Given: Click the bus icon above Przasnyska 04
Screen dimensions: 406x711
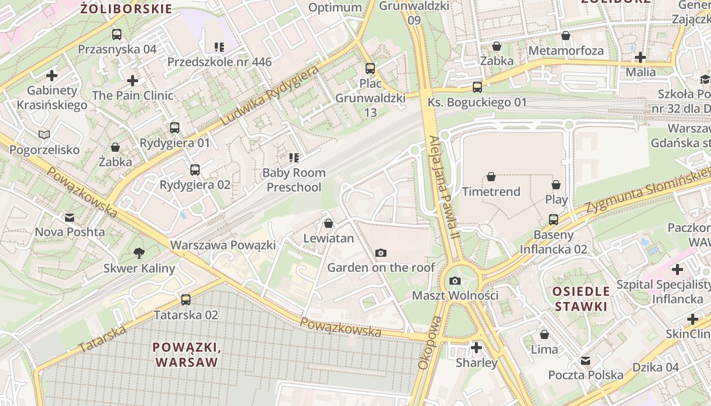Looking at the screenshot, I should pos(117,35).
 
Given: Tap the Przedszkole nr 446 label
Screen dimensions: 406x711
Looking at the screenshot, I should pos(219,62).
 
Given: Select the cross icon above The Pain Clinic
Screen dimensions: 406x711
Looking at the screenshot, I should pos(133,81).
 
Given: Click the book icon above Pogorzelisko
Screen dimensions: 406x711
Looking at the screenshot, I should pos(45,134).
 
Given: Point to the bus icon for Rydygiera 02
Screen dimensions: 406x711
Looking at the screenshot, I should pos(195,170).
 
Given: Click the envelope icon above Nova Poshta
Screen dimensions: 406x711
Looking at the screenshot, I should pos(70,218).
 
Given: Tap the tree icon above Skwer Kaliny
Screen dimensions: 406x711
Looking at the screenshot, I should pos(139,253).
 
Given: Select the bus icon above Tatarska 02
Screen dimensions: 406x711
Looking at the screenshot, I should pos(186,300).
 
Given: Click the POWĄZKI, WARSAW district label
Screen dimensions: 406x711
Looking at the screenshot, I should pos(186,355).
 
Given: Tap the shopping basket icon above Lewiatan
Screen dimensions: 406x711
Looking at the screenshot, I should pos(329,223).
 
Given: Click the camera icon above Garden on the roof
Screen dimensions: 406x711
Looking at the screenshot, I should pos(381,253).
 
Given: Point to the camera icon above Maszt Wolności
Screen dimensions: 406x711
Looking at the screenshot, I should pos(455,281).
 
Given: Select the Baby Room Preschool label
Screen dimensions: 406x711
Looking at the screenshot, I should pos(294,180).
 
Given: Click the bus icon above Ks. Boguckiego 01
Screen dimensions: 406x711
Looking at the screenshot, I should pos(477,87).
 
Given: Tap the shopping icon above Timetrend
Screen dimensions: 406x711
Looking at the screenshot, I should pos(491,177).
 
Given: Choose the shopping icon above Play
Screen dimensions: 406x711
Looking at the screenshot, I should pos(556,185).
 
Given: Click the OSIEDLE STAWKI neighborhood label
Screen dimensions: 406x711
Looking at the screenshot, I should pos(581,299).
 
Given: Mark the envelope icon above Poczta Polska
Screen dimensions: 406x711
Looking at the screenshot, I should pos(586,360).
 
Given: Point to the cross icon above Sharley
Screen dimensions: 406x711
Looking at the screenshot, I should pos(476,348).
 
